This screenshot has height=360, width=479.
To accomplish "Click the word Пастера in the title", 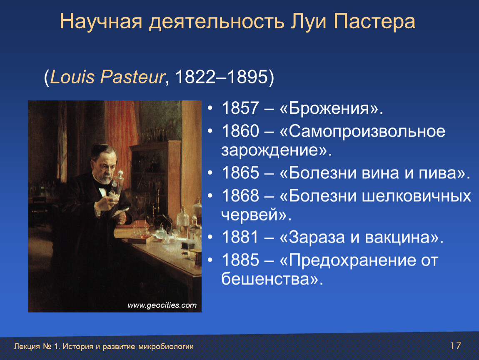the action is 374,22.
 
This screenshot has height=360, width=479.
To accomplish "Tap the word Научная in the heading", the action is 101,22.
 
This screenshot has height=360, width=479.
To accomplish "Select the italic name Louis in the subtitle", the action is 72,76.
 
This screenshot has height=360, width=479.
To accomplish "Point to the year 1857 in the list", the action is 240,108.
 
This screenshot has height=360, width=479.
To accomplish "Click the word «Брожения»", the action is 331,108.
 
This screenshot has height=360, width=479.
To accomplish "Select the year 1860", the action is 240,131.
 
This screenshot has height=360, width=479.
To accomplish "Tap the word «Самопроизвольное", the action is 362,132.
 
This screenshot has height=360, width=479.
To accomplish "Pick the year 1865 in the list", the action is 240,172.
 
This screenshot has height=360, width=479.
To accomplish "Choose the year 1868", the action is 240,195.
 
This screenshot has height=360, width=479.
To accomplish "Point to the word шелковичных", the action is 417,196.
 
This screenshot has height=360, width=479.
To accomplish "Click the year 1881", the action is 240,237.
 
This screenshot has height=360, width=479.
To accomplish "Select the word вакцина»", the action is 404,237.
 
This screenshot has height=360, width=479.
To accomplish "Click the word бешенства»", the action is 272,279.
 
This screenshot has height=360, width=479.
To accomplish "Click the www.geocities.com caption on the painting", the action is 162,305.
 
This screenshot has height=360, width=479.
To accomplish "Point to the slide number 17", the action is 456,346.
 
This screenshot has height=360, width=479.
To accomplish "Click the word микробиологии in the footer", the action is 166,347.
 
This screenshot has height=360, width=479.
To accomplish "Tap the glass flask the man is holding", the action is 117,185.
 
